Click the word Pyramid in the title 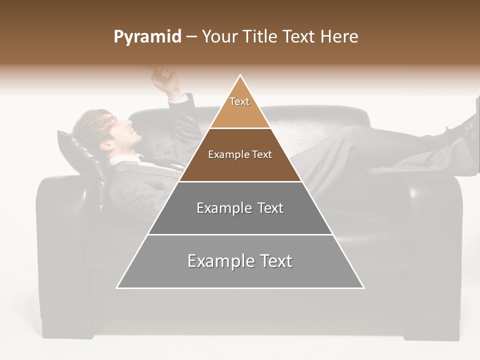point(147,37)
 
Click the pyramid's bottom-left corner point(117,287)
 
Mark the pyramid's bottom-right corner point(363,287)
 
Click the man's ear point(107,145)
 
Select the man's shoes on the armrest point(465,125)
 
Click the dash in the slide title point(191,37)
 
